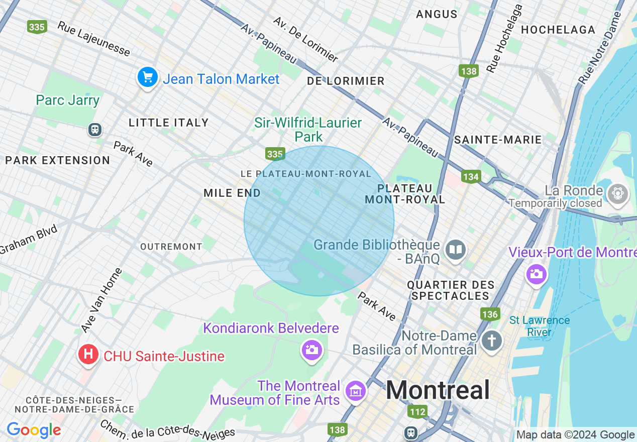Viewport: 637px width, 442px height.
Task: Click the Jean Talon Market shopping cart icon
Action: [148, 77]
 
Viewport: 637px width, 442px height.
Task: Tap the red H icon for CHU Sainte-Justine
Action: [88, 354]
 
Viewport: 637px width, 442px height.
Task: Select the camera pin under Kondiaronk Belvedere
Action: [311, 350]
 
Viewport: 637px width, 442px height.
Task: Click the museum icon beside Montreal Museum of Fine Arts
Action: [356, 390]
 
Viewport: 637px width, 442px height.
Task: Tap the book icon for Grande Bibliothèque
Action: [456, 250]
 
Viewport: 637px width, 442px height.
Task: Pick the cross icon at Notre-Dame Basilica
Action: [491, 341]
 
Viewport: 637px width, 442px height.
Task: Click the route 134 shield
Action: [471, 177]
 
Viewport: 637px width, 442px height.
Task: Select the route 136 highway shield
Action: [490, 314]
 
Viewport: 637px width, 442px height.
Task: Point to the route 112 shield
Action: [417, 412]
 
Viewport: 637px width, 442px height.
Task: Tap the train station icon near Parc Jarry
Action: [94, 130]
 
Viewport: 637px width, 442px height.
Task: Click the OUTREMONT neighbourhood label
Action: [171, 247]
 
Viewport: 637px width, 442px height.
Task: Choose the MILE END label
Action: [232, 193]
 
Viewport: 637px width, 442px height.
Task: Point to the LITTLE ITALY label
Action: [168, 123]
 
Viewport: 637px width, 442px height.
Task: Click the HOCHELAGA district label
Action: [558, 30]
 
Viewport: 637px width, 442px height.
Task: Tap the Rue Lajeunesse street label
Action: [94, 39]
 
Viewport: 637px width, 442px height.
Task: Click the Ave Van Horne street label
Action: [101, 300]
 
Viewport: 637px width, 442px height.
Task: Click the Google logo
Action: [34, 430]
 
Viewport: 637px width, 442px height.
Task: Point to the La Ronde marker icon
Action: [617, 193]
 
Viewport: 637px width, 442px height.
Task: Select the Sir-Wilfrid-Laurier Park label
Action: [308, 129]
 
